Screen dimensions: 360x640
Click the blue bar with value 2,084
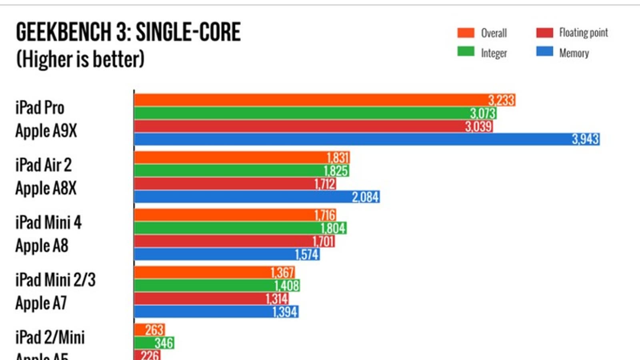[x=256, y=197]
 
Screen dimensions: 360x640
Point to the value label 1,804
[x=333, y=228]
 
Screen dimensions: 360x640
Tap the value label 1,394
[x=285, y=312]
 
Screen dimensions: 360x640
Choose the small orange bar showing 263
[x=149, y=330]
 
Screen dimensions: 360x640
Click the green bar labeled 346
[x=154, y=343]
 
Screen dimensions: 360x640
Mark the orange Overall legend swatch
[x=466, y=33]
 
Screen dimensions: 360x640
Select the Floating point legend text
[x=583, y=33]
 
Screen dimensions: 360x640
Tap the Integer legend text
[x=494, y=53]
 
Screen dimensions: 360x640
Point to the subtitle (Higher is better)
[x=80, y=59]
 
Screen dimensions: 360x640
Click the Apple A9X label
[x=46, y=131]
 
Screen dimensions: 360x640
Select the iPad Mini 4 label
[x=48, y=222]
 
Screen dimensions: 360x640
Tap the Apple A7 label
[x=41, y=303]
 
